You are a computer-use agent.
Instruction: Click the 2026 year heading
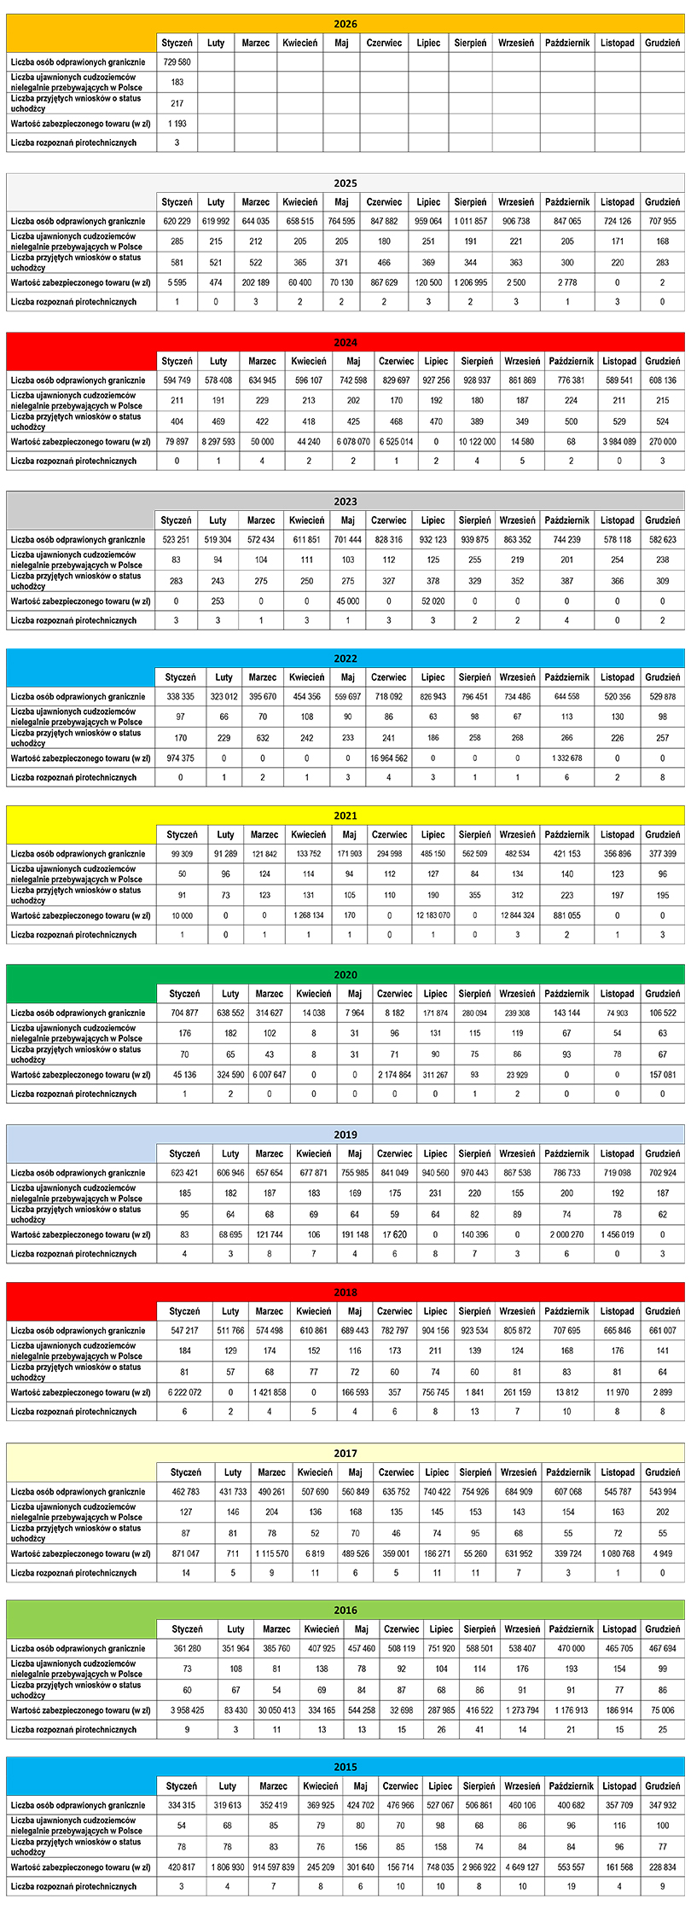coord(345,25)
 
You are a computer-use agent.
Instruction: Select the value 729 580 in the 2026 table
coord(177,62)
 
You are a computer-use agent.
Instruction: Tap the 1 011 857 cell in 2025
coord(471,222)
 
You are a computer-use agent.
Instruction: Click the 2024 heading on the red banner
coord(345,343)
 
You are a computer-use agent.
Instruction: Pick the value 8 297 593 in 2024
coord(218,442)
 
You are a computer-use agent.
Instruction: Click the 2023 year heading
coord(345,502)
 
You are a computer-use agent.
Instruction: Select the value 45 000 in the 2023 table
coord(347,601)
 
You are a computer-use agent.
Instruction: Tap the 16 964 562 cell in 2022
coord(389,758)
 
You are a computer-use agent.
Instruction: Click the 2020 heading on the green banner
coord(345,975)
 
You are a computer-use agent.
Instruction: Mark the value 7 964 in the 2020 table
coord(355,1013)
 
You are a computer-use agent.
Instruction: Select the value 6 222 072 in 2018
coord(184,1392)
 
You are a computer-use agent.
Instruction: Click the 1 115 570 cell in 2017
coord(272,1553)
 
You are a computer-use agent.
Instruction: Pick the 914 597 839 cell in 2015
coord(273,1867)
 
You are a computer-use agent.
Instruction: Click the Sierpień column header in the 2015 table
coord(479,1785)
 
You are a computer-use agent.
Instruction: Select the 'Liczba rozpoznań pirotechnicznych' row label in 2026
coord(74,142)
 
